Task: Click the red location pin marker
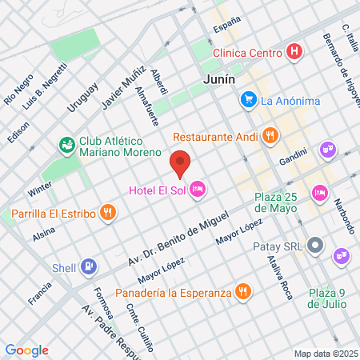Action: pyautogui.click(x=181, y=162)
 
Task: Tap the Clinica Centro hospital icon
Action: pyautogui.click(x=295, y=53)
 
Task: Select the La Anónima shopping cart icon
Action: pyautogui.click(x=248, y=100)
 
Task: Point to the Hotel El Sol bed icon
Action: pyautogui.click(x=198, y=189)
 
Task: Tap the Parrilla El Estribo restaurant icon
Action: pyautogui.click(x=107, y=213)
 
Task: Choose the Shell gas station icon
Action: pyautogui.click(x=89, y=266)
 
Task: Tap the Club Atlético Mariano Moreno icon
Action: pyautogui.click(x=66, y=145)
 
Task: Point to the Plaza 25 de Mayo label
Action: pyautogui.click(x=274, y=202)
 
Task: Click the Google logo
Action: pyautogui.click(x=27, y=350)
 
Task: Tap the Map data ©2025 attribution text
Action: pyautogui.click(x=325, y=354)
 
